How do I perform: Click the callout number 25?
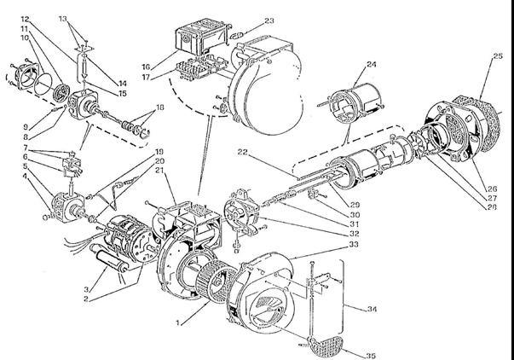(498, 56)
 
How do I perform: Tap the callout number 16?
(146, 67)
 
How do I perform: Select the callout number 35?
(370, 356)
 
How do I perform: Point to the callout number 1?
(177, 323)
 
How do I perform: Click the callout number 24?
(371, 64)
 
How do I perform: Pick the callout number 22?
(243, 152)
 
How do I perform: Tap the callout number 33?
(354, 244)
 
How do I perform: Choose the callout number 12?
(25, 19)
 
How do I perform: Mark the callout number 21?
(159, 170)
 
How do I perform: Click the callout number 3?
(86, 289)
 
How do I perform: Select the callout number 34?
(372, 309)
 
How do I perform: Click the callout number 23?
(269, 20)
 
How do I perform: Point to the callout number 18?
(159, 107)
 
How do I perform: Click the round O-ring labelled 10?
(43, 84)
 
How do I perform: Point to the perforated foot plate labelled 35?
(325, 345)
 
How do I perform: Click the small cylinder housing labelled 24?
(356, 102)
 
